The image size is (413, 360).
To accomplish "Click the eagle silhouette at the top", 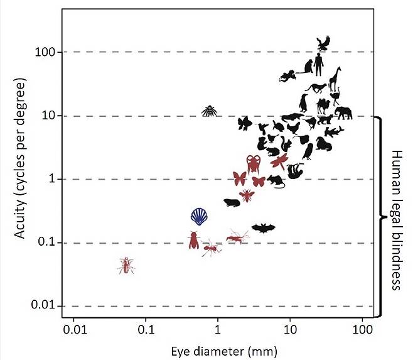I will point(323,43).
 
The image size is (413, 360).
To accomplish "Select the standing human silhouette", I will point(319,64).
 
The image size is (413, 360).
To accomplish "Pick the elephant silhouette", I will point(343,113).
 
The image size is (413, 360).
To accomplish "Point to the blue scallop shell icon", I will point(200,216).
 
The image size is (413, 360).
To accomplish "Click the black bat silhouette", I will point(263,228).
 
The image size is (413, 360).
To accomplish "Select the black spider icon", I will point(209,111).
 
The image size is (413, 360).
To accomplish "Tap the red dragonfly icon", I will point(279,161).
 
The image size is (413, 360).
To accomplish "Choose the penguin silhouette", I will point(304,102).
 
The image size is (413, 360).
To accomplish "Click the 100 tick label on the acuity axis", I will point(46,52).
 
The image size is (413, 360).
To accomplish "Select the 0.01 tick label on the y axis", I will point(44,306).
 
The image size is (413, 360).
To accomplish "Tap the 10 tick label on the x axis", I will point(289,329).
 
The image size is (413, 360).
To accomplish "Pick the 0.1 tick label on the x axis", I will point(146,329).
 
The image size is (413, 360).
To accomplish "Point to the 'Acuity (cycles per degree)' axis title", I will point(21,160).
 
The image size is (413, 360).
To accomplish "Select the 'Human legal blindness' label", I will point(397,220).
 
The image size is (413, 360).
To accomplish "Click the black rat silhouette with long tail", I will point(276,182).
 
